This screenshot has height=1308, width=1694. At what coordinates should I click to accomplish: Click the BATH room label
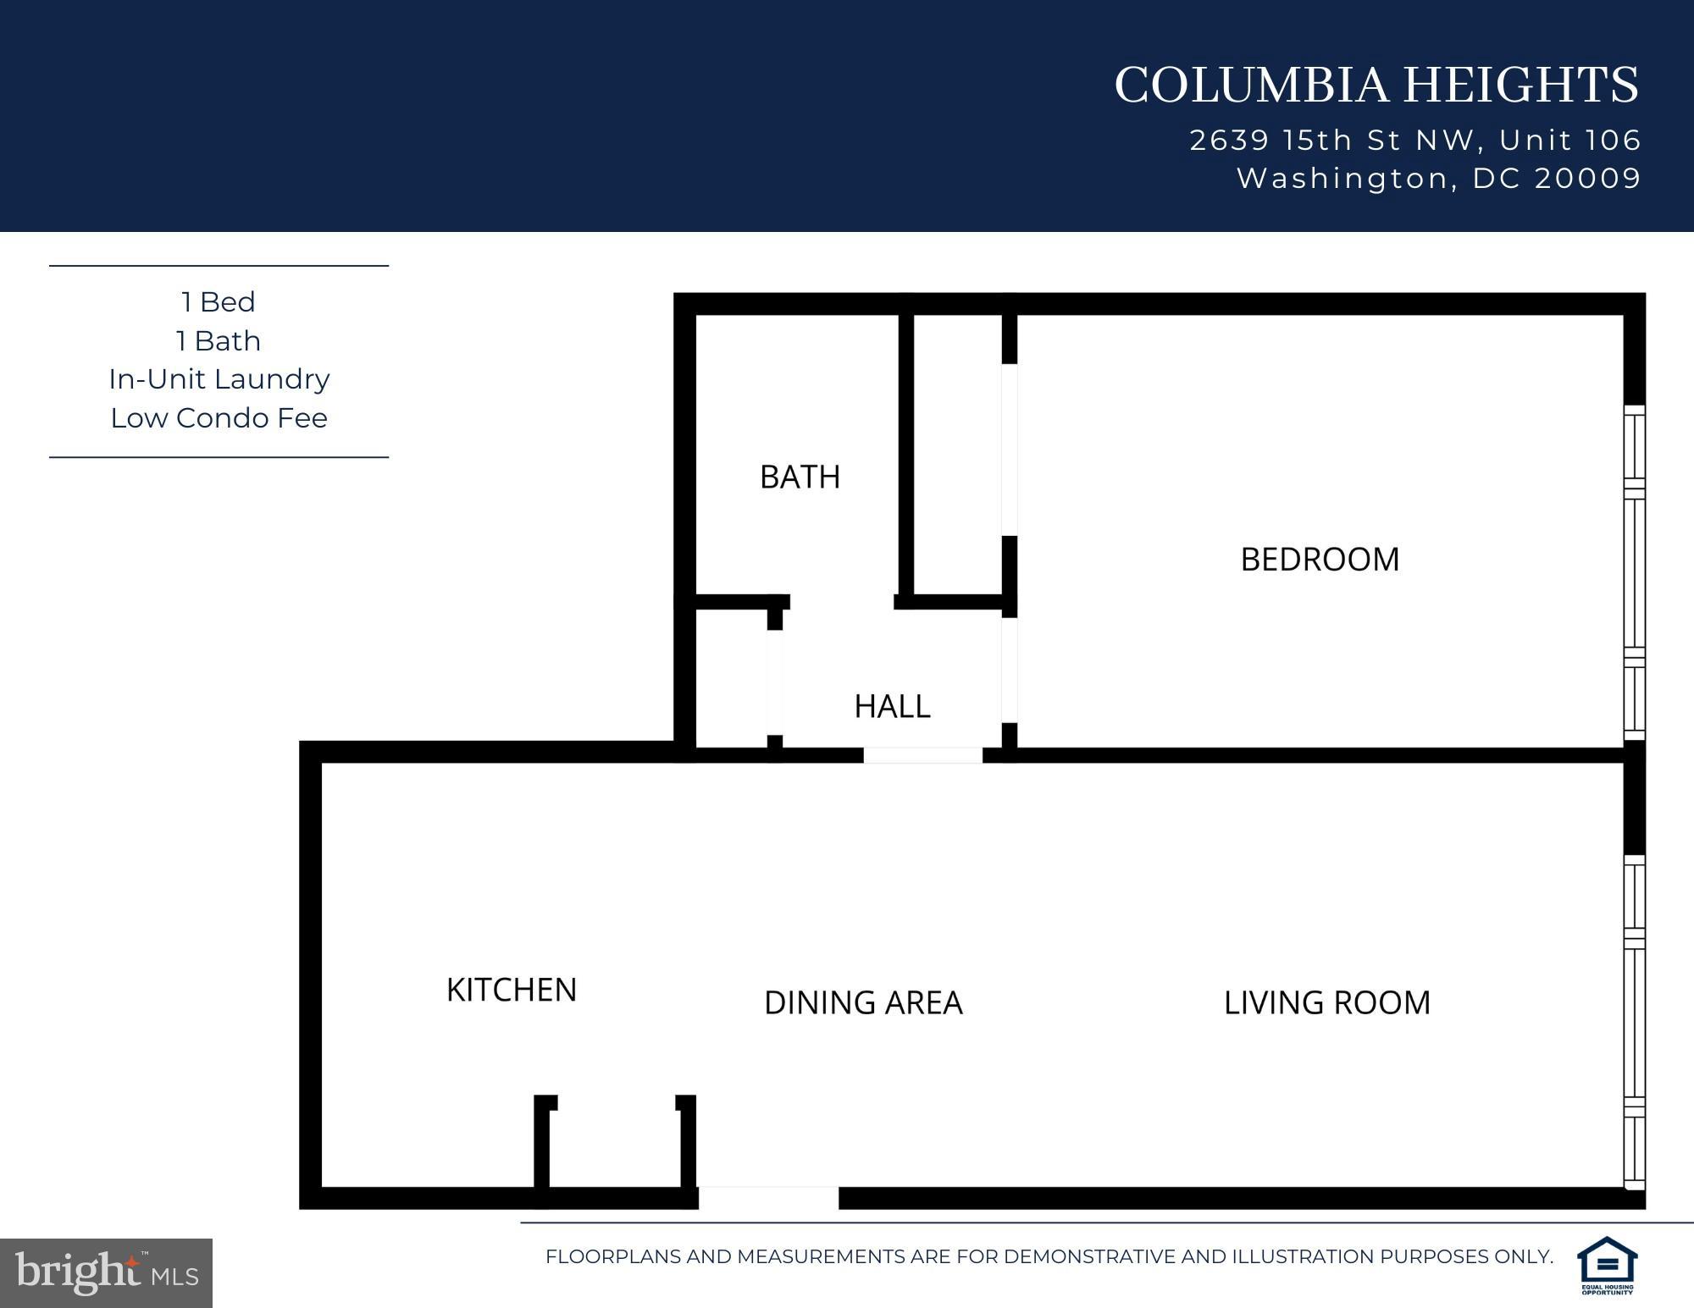(x=800, y=477)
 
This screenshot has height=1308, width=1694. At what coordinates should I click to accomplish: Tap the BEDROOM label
(x=1319, y=560)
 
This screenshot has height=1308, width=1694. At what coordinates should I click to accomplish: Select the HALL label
(x=892, y=706)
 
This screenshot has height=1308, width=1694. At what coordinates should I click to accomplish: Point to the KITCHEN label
(x=511, y=990)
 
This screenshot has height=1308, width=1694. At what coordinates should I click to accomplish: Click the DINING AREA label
(x=862, y=1002)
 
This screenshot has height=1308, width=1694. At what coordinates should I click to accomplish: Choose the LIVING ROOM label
(x=1326, y=1002)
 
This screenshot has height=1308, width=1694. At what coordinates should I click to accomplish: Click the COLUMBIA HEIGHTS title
(x=1376, y=86)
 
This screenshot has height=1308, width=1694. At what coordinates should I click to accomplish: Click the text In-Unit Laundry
(x=219, y=379)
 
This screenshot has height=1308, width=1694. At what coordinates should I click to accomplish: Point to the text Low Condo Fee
(x=219, y=418)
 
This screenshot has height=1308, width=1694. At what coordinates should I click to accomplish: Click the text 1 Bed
(x=218, y=302)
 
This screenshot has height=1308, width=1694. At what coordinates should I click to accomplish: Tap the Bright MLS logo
(x=106, y=1272)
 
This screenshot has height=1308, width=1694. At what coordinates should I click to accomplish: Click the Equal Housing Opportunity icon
(x=1606, y=1266)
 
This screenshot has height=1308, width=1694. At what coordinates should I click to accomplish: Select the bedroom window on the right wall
(x=1634, y=573)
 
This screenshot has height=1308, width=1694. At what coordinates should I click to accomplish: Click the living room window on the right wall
(x=1634, y=1022)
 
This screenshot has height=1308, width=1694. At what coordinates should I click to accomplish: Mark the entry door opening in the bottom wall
(x=768, y=1197)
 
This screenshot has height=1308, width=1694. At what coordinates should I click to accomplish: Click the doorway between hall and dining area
(x=922, y=755)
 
